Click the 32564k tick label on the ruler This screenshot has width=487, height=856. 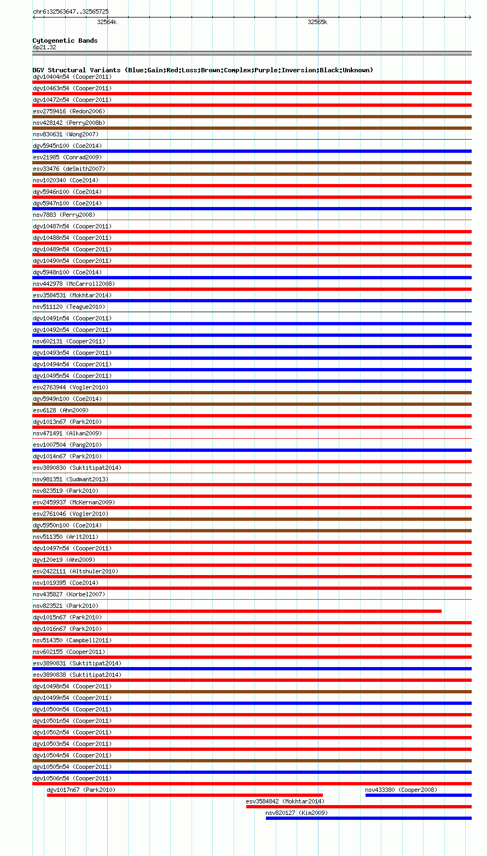[x=107, y=22]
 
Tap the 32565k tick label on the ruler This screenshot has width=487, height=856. [x=317, y=22]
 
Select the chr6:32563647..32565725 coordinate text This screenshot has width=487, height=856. [x=71, y=12]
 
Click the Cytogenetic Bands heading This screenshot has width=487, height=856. [x=65, y=41]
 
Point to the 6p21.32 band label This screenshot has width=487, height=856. [x=44, y=47]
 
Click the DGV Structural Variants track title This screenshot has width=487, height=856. [x=202, y=70]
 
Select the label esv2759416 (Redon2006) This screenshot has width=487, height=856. [x=69, y=111]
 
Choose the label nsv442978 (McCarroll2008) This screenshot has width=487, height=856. [x=74, y=284]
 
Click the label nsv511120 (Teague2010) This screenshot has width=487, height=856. [x=69, y=307]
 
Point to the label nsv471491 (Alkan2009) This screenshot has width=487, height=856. [x=67, y=433]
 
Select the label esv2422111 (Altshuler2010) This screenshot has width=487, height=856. [x=76, y=571]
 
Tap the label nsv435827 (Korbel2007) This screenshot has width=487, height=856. [x=69, y=594]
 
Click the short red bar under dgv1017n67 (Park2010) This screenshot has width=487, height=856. [x=184, y=795]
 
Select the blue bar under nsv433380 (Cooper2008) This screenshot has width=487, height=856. [x=418, y=795]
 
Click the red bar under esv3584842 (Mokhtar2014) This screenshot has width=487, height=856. [x=358, y=807]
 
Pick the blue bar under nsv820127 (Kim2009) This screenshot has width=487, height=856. [x=368, y=818]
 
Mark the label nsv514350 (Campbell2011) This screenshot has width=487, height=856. [x=72, y=640]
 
